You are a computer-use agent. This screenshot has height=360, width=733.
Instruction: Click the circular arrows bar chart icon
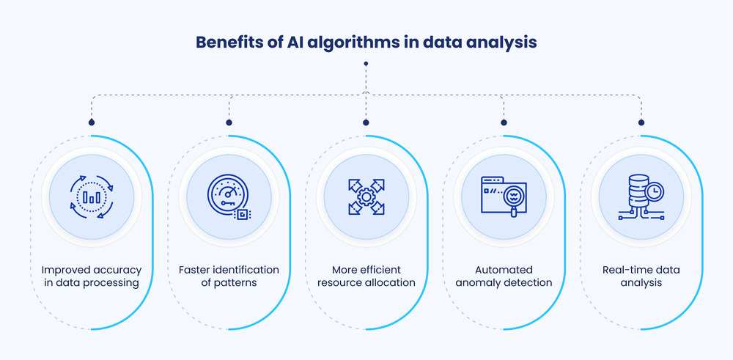coord(91,197)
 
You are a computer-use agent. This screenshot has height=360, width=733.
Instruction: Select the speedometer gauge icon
coord(228,197)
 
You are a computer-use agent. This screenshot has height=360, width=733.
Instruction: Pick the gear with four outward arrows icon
coord(366,197)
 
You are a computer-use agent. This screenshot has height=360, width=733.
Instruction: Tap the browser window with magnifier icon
coord(504,197)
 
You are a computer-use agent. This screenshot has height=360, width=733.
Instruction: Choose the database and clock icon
coord(641,197)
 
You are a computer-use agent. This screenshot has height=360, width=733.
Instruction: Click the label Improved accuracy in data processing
coord(91,276)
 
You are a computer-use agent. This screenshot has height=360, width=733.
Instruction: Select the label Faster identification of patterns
coord(228,276)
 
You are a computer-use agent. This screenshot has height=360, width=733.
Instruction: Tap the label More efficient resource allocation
coord(366,276)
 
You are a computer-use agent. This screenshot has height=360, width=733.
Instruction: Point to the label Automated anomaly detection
coord(504,276)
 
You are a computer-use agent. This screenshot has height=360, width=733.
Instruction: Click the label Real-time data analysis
coord(641,276)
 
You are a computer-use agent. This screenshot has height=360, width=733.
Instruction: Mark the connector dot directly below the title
coord(366,64)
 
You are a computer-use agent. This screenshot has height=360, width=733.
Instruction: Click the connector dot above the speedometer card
coord(229,122)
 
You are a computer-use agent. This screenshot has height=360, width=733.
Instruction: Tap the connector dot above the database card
coord(641,122)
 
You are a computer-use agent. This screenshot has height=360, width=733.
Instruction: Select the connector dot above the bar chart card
coord(92,122)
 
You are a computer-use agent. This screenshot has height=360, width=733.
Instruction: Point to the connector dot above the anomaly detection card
coord(504,122)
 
